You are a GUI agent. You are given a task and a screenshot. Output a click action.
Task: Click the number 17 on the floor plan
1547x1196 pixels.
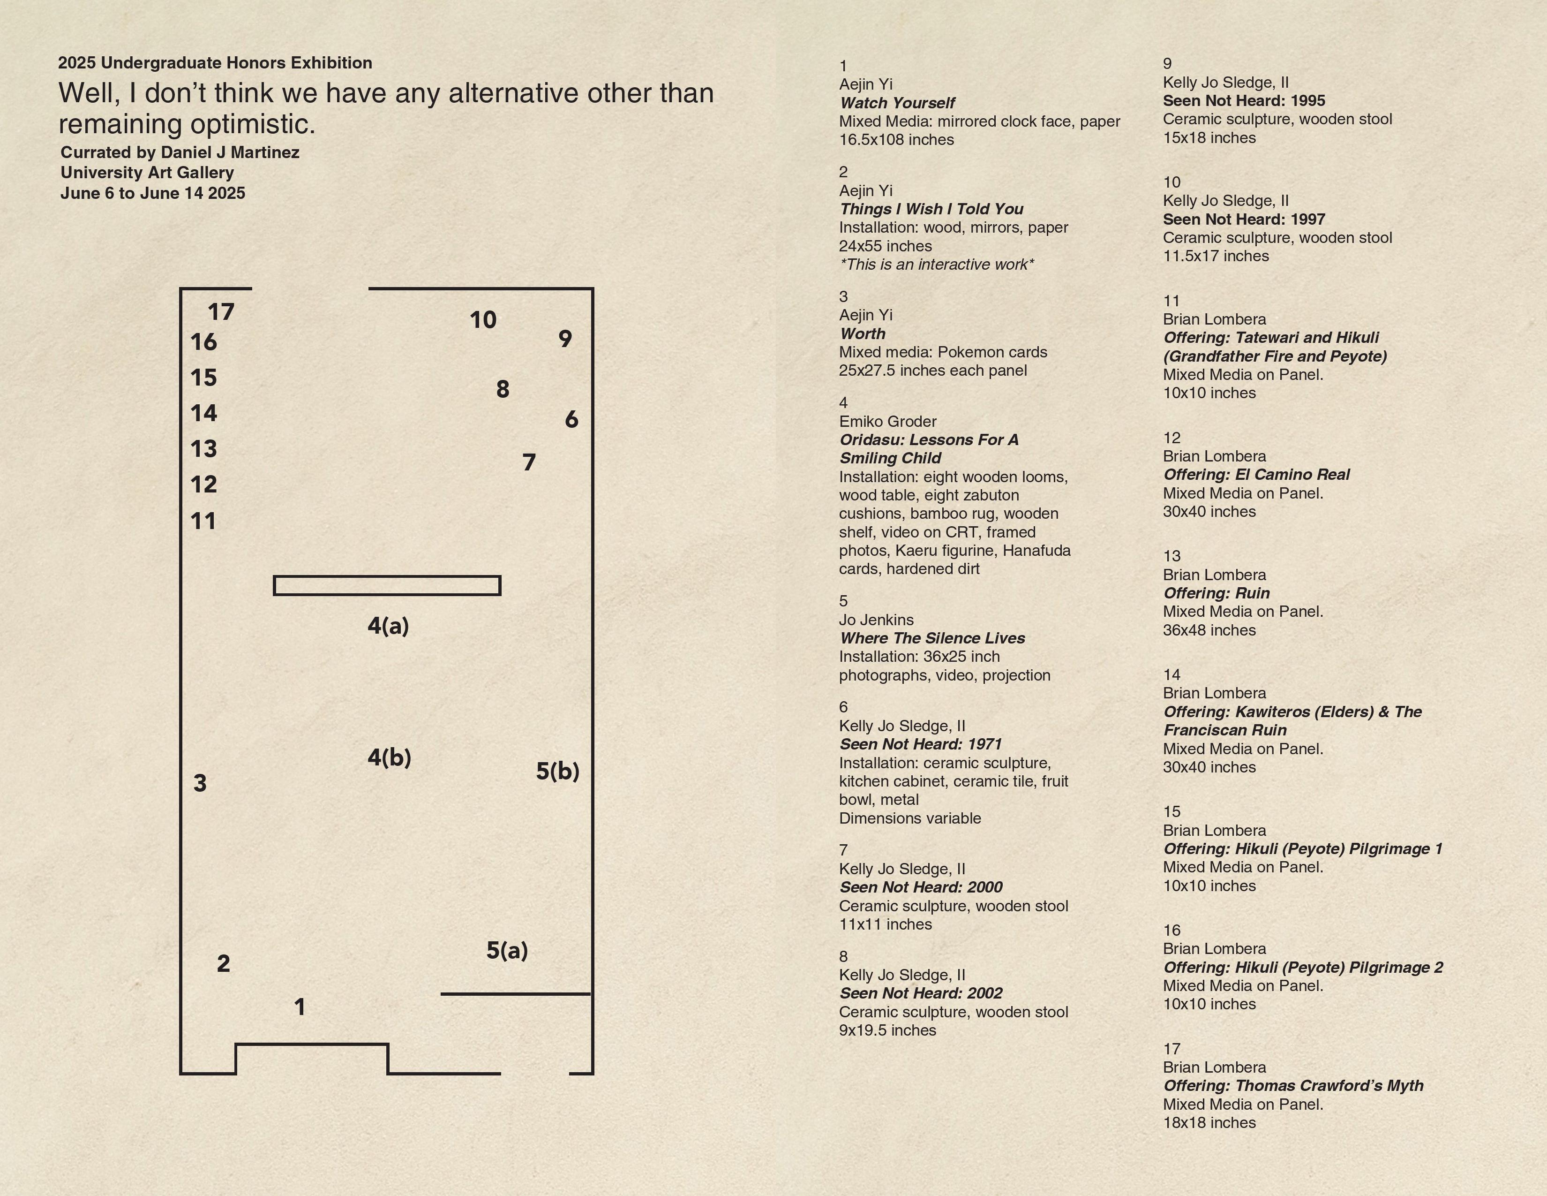pos(220,312)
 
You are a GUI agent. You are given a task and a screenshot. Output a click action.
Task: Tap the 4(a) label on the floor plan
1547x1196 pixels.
pos(388,626)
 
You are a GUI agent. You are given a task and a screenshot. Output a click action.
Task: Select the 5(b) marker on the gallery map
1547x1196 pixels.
pos(557,771)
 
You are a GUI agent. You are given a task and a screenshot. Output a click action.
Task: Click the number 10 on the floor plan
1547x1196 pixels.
pos(483,319)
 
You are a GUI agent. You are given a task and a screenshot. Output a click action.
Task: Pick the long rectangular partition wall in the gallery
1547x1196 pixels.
pos(387,585)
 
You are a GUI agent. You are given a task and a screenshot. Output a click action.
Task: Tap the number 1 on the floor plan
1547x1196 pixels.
pos(300,1007)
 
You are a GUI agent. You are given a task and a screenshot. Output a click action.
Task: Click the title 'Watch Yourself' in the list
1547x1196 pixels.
pos(897,103)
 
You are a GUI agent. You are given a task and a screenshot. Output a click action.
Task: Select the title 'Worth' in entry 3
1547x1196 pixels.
pos(863,334)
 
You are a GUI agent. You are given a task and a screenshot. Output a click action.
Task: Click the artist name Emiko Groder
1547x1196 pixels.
pos(887,422)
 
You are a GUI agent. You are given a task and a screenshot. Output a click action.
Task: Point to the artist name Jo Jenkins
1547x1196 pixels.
pos(876,620)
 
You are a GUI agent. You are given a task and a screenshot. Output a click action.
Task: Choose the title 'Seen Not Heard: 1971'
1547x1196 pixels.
pos(921,744)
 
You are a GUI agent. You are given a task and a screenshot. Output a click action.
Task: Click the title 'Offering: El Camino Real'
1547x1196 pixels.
pos(1256,475)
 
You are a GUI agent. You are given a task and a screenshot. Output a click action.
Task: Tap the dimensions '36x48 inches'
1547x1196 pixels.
pos(1209,630)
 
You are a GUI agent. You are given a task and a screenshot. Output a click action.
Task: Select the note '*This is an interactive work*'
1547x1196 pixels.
pos(937,264)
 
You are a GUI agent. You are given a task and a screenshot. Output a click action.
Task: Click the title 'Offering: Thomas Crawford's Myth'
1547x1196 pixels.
pos(1293,1085)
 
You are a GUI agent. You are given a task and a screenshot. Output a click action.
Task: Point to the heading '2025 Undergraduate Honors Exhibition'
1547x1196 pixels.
pos(215,62)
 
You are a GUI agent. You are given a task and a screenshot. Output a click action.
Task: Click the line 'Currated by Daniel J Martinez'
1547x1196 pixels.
pos(180,152)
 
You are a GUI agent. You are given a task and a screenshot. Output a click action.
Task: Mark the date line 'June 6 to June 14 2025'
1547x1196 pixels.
pos(153,193)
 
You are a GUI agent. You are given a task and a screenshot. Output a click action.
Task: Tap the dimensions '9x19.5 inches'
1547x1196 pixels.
pos(887,1030)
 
